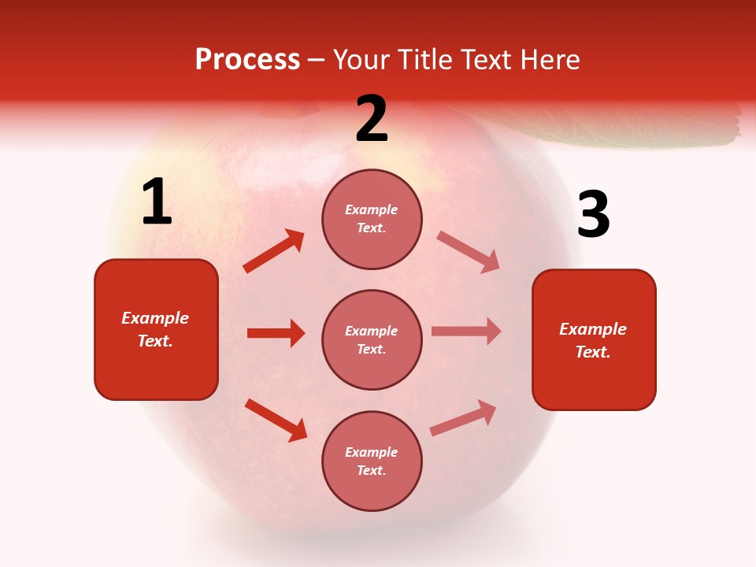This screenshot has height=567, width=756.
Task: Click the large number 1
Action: [x=157, y=202]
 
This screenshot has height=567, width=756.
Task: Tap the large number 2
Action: [x=372, y=119]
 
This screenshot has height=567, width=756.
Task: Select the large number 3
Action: [x=593, y=216]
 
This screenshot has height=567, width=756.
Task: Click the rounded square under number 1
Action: [x=156, y=329]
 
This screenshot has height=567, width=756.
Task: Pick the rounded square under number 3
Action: [x=594, y=339]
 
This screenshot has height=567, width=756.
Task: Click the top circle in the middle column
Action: [x=372, y=219]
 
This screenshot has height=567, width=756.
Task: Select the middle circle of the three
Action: [x=372, y=339]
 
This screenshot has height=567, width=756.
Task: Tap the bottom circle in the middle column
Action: [x=372, y=461]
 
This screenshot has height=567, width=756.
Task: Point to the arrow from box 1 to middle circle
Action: [x=276, y=333]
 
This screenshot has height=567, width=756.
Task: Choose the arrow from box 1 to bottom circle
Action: [x=276, y=420]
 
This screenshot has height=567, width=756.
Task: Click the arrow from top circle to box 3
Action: [x=469, y=252]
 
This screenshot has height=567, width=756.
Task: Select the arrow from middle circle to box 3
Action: [x=466, y=332]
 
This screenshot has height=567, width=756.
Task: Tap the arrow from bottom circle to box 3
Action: [x=463, y=418]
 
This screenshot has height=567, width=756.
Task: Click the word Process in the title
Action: [x=247, y=59]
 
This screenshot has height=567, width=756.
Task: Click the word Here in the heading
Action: [x=550, y=59]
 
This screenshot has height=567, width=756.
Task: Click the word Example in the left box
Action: [x=155, y=318]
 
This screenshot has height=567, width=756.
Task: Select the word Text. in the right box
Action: [x=593, y=352]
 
